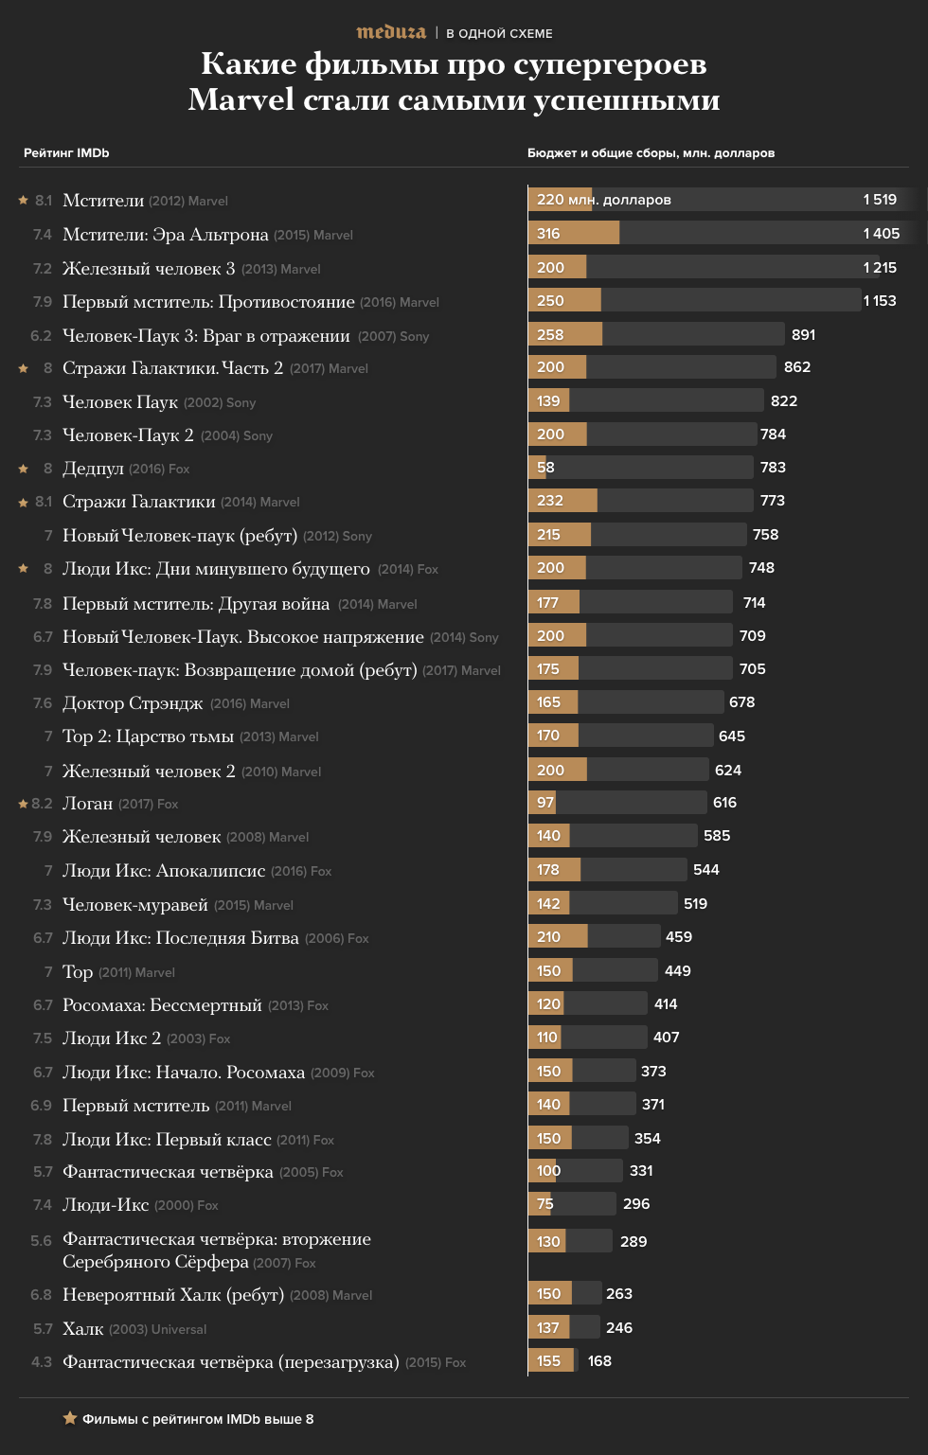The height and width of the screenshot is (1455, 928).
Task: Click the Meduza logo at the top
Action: (391, 32)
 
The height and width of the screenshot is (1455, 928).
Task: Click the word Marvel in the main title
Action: (241, 99)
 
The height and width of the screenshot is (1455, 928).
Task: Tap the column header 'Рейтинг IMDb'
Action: (66, 152)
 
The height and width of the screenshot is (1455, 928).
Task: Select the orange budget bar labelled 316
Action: (573, 233)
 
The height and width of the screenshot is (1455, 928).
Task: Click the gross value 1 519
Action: (880, 199)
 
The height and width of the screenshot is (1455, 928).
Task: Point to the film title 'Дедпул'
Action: (93, 469)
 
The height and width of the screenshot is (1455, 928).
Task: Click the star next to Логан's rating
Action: (24, 804)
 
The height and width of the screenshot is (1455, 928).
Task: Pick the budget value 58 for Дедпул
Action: (545, 468)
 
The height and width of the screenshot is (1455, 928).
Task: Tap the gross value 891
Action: (803, 334)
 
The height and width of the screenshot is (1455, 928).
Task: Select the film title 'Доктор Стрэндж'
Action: (133, 703)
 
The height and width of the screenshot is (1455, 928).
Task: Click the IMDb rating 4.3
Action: (42, 1362)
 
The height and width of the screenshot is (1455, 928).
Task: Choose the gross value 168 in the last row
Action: (599, 1360)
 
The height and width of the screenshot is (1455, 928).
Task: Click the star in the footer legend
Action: (70, 1418)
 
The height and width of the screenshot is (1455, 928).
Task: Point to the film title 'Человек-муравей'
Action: (135, 905)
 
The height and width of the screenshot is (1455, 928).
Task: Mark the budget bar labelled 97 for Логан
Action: (542, 803)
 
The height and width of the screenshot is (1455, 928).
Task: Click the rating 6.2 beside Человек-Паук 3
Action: (41, 336)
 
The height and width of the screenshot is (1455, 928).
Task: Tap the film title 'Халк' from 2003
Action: (83, 1329)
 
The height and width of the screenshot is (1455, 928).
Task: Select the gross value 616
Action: (724, 803)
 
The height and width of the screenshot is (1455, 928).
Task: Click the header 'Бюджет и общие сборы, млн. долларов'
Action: (651, 152)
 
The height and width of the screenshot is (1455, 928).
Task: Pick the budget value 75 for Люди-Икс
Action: (544, 1204)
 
